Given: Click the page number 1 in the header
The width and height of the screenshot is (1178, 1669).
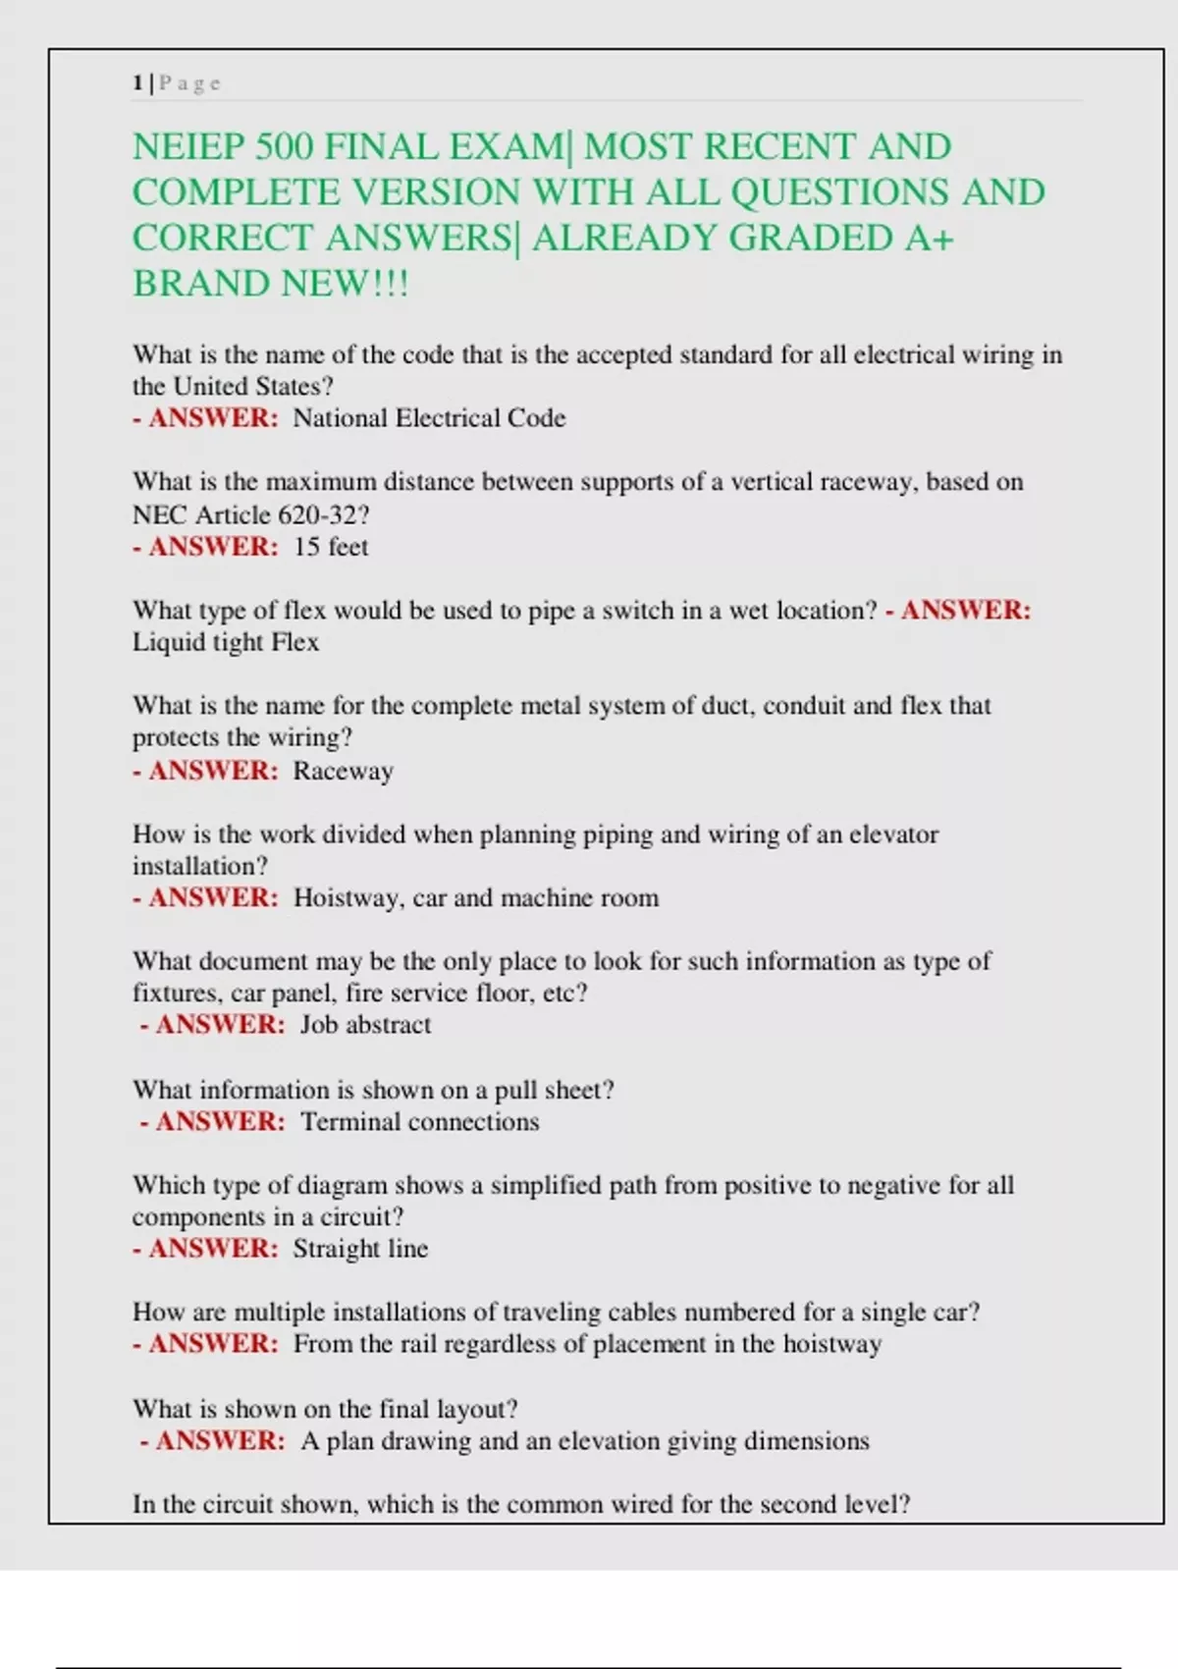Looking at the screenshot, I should pyautogui.click(x=137, y=83).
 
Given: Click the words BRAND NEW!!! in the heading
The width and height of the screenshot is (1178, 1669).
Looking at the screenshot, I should pyautogui.click(x=270, y=285).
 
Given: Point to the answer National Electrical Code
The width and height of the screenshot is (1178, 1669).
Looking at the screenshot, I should pyautogui.click(x=429, y=418).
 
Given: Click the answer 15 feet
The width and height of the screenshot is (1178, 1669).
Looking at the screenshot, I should pyautogui.click(x=331, y=547).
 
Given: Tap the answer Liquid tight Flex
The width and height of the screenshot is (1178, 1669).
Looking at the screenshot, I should pyautogui.click(x=226, y=642).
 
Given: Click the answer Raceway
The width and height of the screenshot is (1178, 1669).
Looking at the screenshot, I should pyautogui.click(x=343, y=771).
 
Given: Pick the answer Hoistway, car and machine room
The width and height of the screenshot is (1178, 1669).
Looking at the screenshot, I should pyautogui.click(x=476, y=898).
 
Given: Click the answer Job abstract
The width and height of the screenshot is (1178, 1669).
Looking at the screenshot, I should pyautogui.click(x=365, y=1025).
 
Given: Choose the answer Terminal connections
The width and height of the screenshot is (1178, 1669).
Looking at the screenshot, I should pyautogui.click(x=420, y=1122).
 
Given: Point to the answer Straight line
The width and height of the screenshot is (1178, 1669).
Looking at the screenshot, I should pyautogui.click(x=360, y=1249).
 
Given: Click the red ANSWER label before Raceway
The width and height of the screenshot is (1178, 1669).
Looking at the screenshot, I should pyautogui.click(x=213, y=771).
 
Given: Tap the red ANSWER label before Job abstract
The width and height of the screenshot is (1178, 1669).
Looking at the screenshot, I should pyautogui.click(x=220, y=1025).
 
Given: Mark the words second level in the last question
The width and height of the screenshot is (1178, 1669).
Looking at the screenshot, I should pyautogui.click(x=827, y=1504).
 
